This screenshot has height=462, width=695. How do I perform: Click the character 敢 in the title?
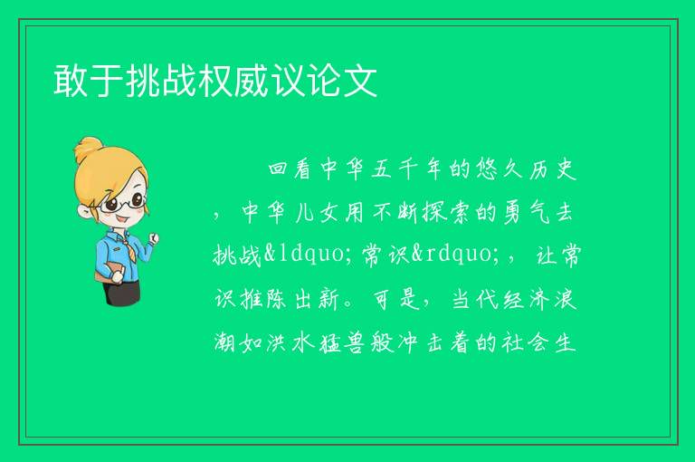[x=71, y=81]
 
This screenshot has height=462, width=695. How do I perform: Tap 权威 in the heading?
[x=234, y=81]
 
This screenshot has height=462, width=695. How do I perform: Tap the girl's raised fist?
[x=153, y=238]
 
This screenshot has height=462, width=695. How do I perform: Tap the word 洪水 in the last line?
[x=290, y=342]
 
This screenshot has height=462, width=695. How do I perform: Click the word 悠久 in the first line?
[x=500, y=169]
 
